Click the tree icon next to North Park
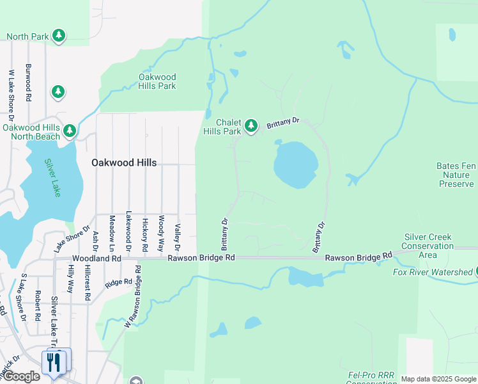pos(59,36)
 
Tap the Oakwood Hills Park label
pos(157,81)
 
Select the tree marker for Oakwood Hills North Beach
pos(69,131)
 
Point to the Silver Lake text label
pos(51,177)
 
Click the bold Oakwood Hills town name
pos(123,163)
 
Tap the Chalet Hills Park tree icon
pos(251,126)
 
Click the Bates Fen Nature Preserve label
pos(456,175)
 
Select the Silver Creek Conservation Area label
pos(428,246)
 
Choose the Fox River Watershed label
pos(432,273)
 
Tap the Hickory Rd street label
pos(145,233)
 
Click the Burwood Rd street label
pos(28,83)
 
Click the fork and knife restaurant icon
pos(54,362)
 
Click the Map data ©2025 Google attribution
pos(438,379)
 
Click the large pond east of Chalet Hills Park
pos(296,164)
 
